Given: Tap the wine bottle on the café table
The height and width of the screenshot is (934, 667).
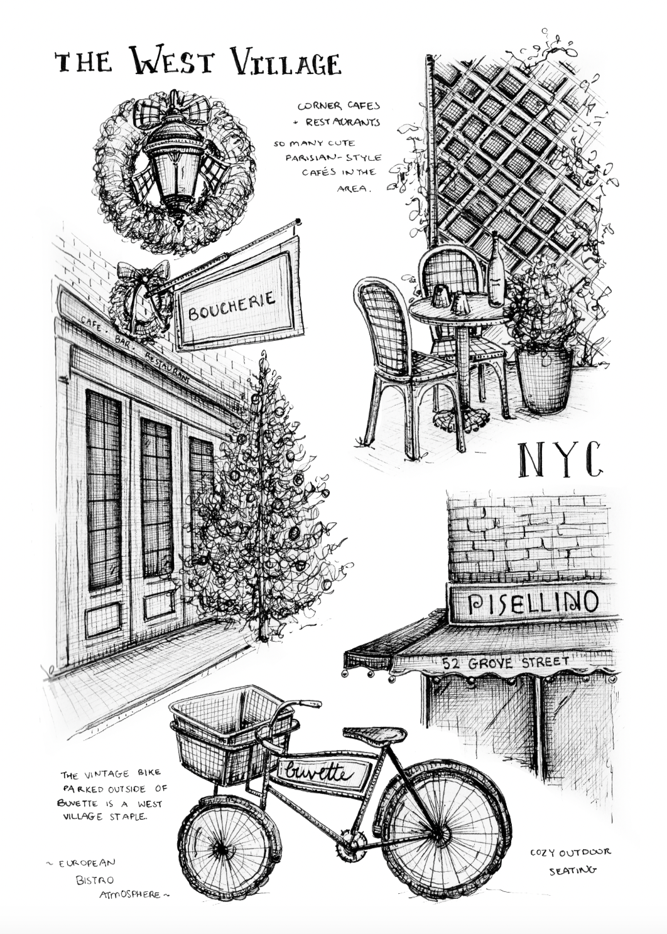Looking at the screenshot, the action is (x=496, y=271).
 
